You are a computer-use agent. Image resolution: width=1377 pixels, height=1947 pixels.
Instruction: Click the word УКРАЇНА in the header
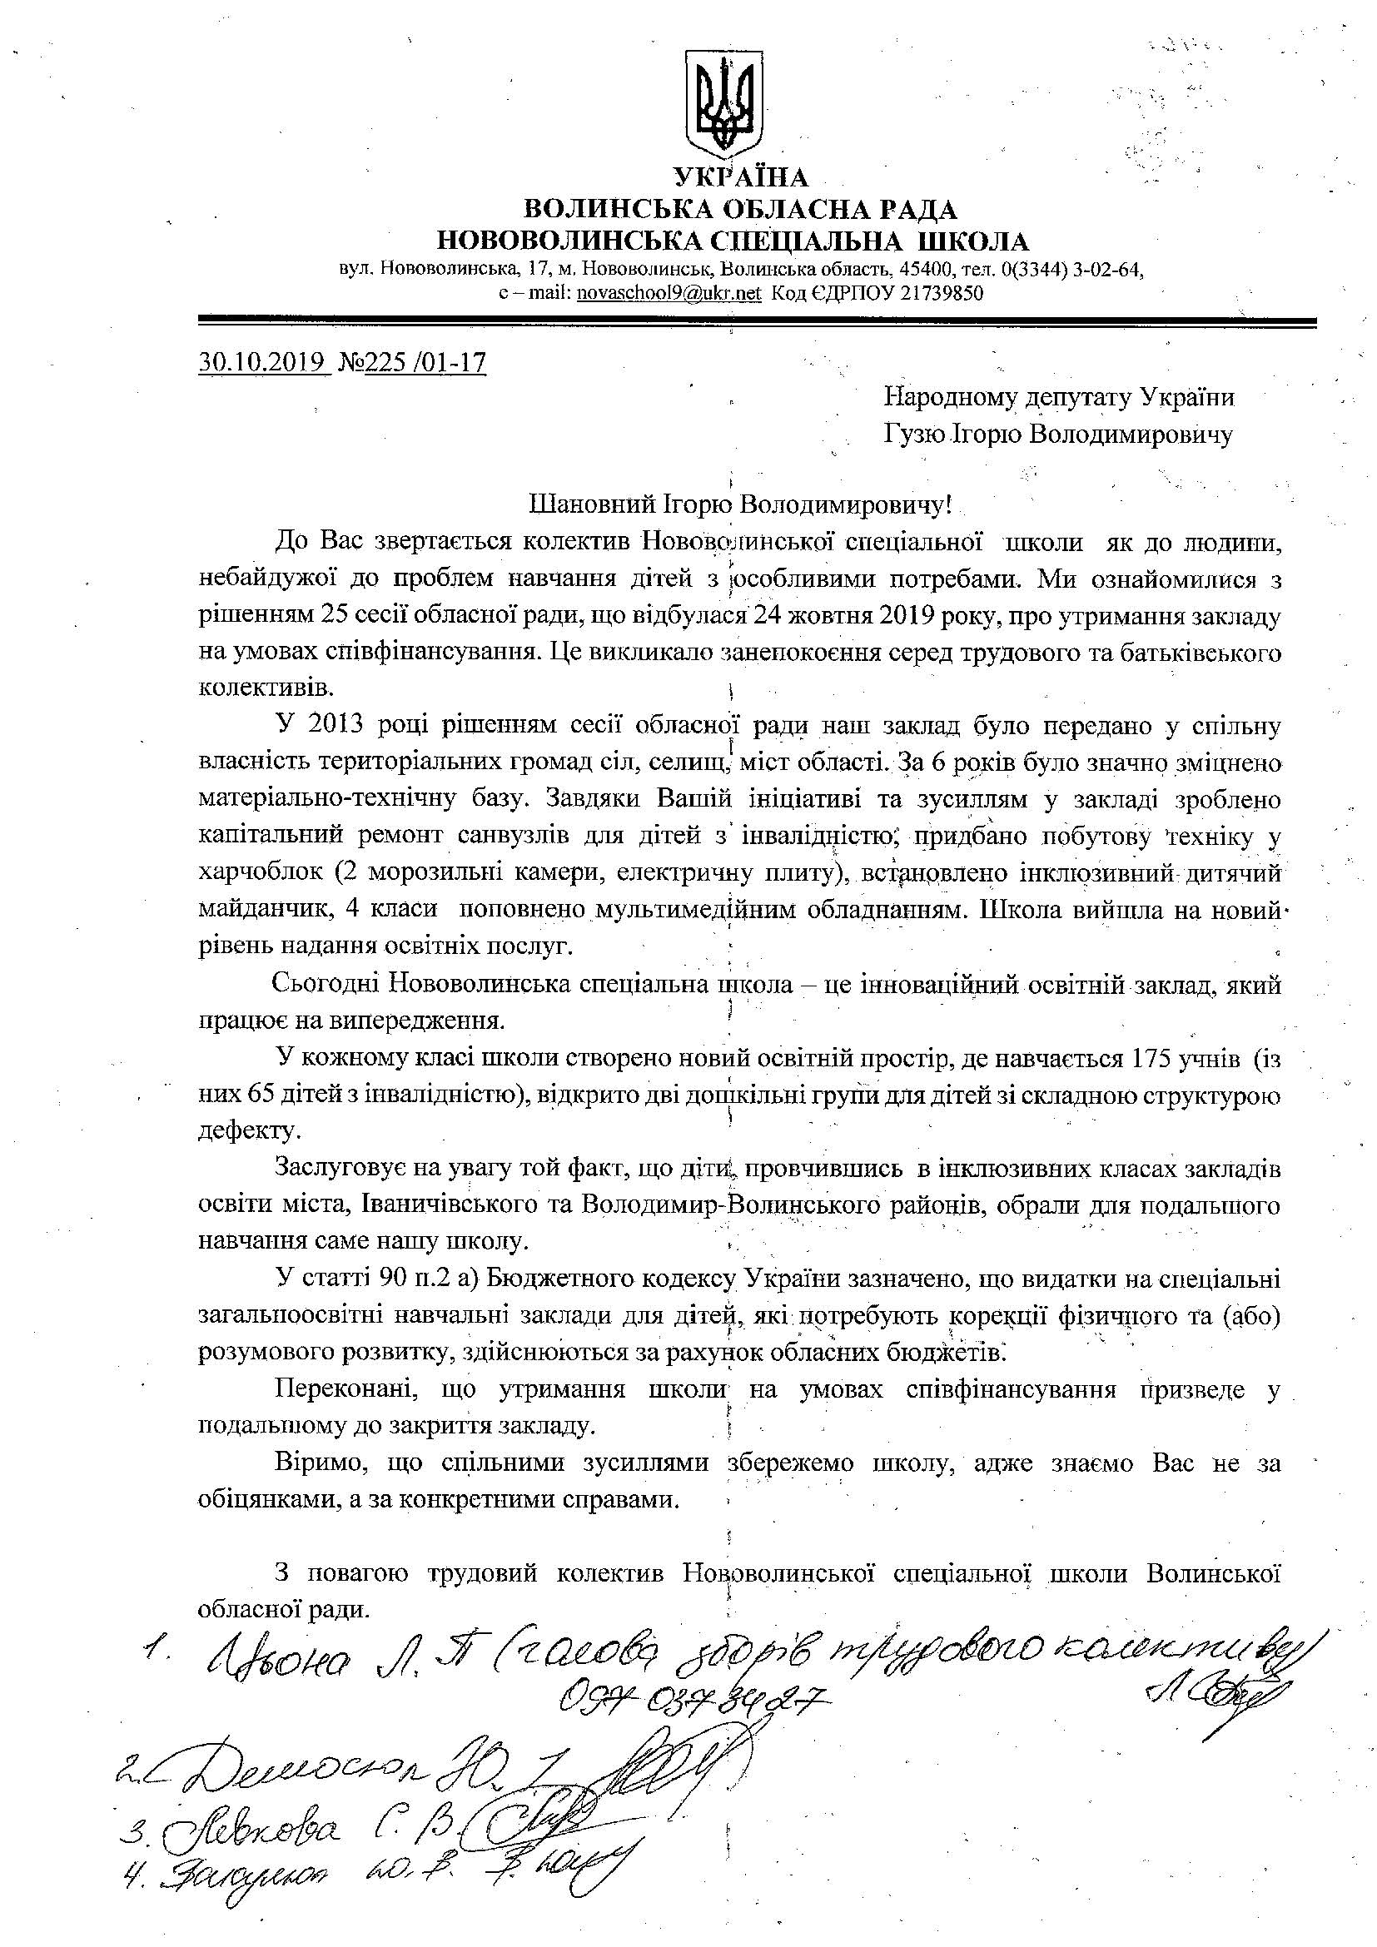[x=741, y=176]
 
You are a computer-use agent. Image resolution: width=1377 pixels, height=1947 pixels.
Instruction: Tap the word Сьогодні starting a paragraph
[x=327, y=985]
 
